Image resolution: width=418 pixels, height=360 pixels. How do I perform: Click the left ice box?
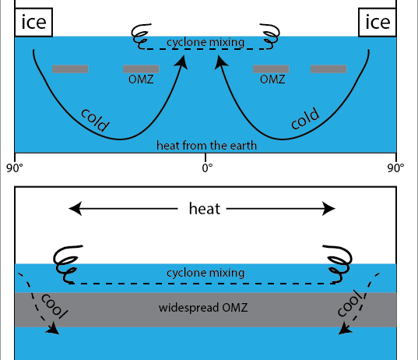pyautogui.click(x=33, y=23)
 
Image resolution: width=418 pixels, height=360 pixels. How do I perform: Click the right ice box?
pyautogui.click(x=378, y=23)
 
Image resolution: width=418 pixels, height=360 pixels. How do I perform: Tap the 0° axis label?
pyautogui.click(x=207, y=168)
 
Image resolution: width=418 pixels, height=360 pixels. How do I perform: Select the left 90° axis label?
pyautogui.click(x=15, y=168)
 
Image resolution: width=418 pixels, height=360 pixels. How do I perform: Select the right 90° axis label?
pyautogui.click(x=395, y=168)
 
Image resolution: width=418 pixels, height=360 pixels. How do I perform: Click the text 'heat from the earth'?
pyautogui.click(x=206, y=146)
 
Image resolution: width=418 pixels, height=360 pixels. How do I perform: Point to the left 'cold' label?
pyautogui.click(x=95, y=120)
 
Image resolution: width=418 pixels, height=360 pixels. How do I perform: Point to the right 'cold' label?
pyautogui.click(x=305, y=118)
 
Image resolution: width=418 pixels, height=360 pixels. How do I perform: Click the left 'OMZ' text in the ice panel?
pyautogui.click(x=141, y=79)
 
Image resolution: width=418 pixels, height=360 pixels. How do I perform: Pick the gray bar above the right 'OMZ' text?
pyautogui.click(x=271, y=69)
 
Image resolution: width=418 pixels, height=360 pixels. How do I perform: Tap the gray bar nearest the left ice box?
pyautogui.click(x=70, y=69)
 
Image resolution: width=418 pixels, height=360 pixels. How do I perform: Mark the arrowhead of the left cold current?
pyautogui.click(x=181, y=62)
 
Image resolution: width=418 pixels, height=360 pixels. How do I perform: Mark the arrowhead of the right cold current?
pyautogui.click(x=221, y=62)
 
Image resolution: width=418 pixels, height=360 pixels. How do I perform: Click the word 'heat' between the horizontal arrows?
pyautogui.click(x=205, y=209)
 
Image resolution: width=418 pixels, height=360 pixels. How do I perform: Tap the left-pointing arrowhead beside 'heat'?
pyautogui.click(x=76, y=208)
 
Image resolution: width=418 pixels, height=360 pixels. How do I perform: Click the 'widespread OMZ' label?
pyautogui.click(x=203, y=308)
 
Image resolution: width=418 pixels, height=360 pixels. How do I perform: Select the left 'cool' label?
pyautogui.click(x=54, y=305)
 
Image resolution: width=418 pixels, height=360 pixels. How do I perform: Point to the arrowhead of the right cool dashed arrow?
pyautogui.click(x=345, y=329)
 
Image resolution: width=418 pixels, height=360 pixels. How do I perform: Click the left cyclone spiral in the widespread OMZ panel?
pyautogui.click(x=67, y=263)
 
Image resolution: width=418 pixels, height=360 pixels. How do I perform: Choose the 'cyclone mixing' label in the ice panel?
pyautogui.click(x=205, y=42)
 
